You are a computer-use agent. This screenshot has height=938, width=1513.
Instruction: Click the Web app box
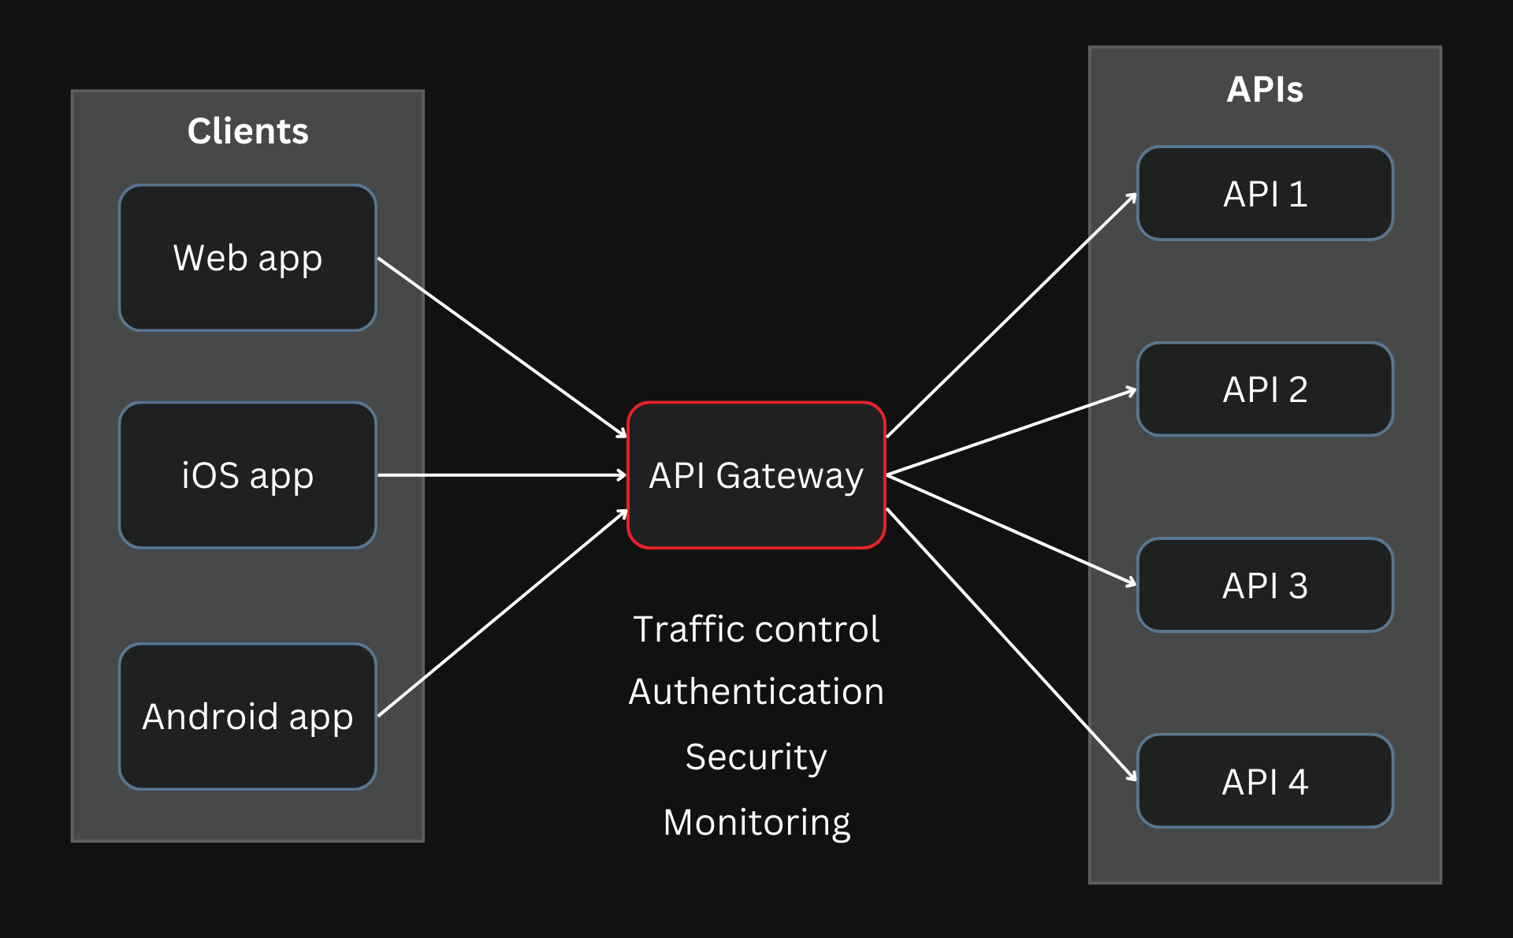(247, 258)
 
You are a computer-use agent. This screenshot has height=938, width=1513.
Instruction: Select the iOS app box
(247, 475)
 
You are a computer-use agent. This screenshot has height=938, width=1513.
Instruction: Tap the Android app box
(247, 717)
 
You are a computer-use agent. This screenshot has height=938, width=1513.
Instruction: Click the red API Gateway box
(756, 475)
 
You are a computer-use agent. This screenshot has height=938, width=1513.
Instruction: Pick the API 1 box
(1265, 193)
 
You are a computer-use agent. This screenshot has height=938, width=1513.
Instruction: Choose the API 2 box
(1265, 389)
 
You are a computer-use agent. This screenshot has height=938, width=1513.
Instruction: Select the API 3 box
(1265, 585)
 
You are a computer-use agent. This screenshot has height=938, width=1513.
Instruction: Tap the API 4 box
(1265, 781)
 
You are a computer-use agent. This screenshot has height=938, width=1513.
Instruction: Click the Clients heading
(247, 131)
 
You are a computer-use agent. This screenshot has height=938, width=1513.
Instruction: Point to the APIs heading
(1265, 89)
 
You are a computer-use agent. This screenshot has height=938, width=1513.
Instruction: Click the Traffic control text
(756, 629)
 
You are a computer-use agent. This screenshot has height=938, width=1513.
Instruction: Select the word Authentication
(756, 691)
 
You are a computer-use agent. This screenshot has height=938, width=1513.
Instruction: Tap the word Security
(756, 757)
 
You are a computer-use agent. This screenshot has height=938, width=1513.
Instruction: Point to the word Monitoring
(756, 823)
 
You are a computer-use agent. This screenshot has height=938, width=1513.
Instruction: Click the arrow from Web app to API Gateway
(502, 348)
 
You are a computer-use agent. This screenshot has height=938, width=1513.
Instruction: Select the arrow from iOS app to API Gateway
(502, 475)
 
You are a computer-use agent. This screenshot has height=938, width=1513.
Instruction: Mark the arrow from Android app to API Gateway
(502, 613)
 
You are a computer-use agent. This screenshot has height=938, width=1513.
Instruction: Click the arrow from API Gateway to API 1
(1012, 315)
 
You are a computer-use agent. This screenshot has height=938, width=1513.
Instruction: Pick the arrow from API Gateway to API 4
(1012, 645)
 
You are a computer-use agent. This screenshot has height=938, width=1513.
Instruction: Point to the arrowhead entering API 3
(1132, 583)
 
